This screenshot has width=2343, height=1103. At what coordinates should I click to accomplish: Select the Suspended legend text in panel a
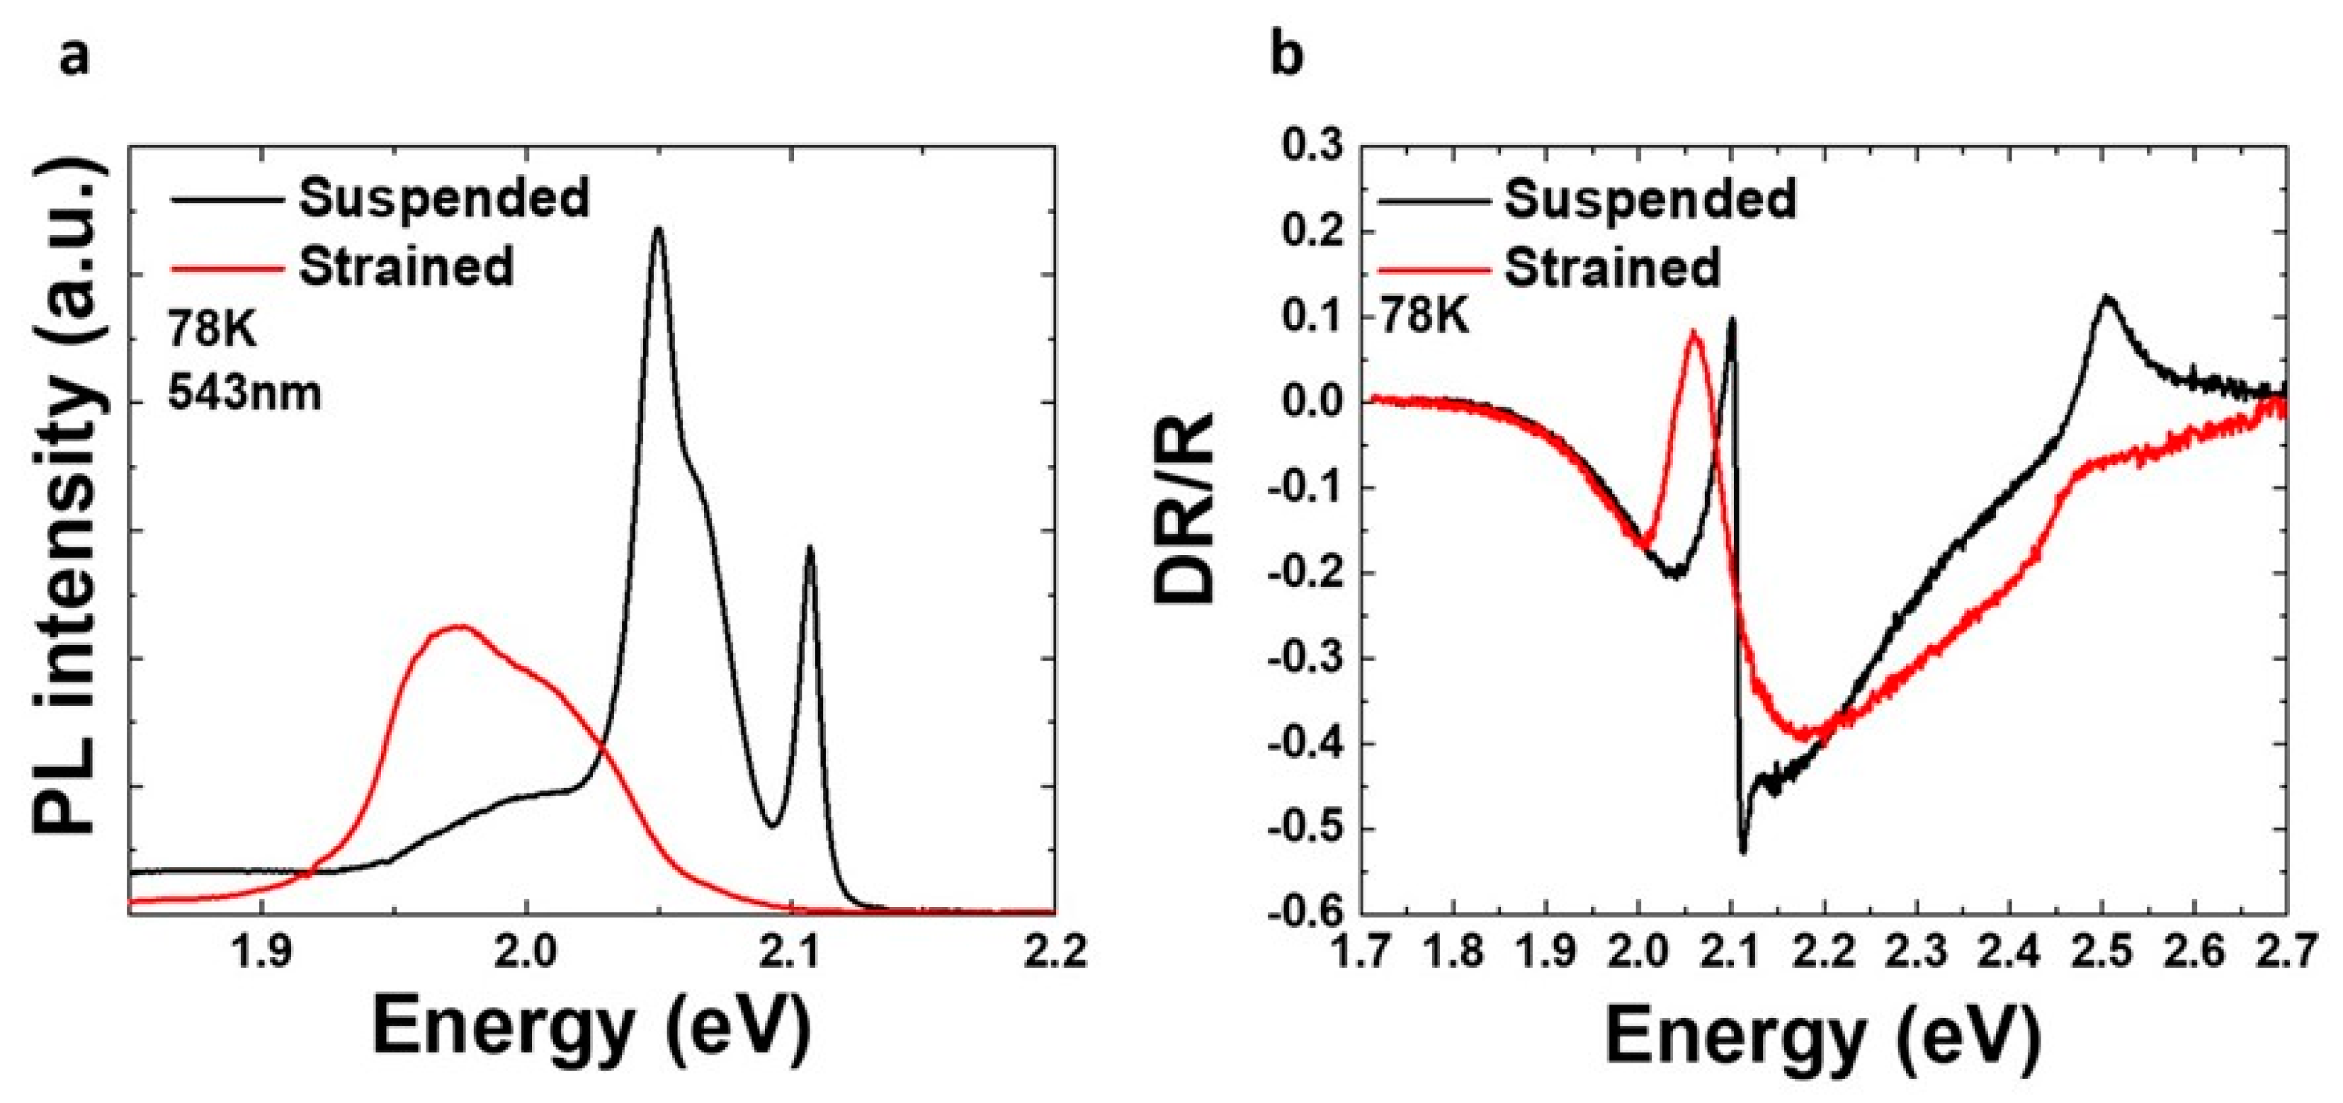pyautogui.click(x=444, y=198)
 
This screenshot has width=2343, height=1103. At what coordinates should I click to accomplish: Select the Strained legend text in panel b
pyautogui.click(x=1613, y=268)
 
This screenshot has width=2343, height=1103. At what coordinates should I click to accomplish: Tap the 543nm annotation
pyautogui.click(x=244, y=394)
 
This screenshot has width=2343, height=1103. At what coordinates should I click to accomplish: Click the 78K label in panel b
pyautogui.click(x=1424, y=317)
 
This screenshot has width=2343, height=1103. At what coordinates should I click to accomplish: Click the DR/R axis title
pyautogui.click(x=1184, y=506)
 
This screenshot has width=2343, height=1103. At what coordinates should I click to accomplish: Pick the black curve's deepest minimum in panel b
pyautogui.click(x=1742, y=851)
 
